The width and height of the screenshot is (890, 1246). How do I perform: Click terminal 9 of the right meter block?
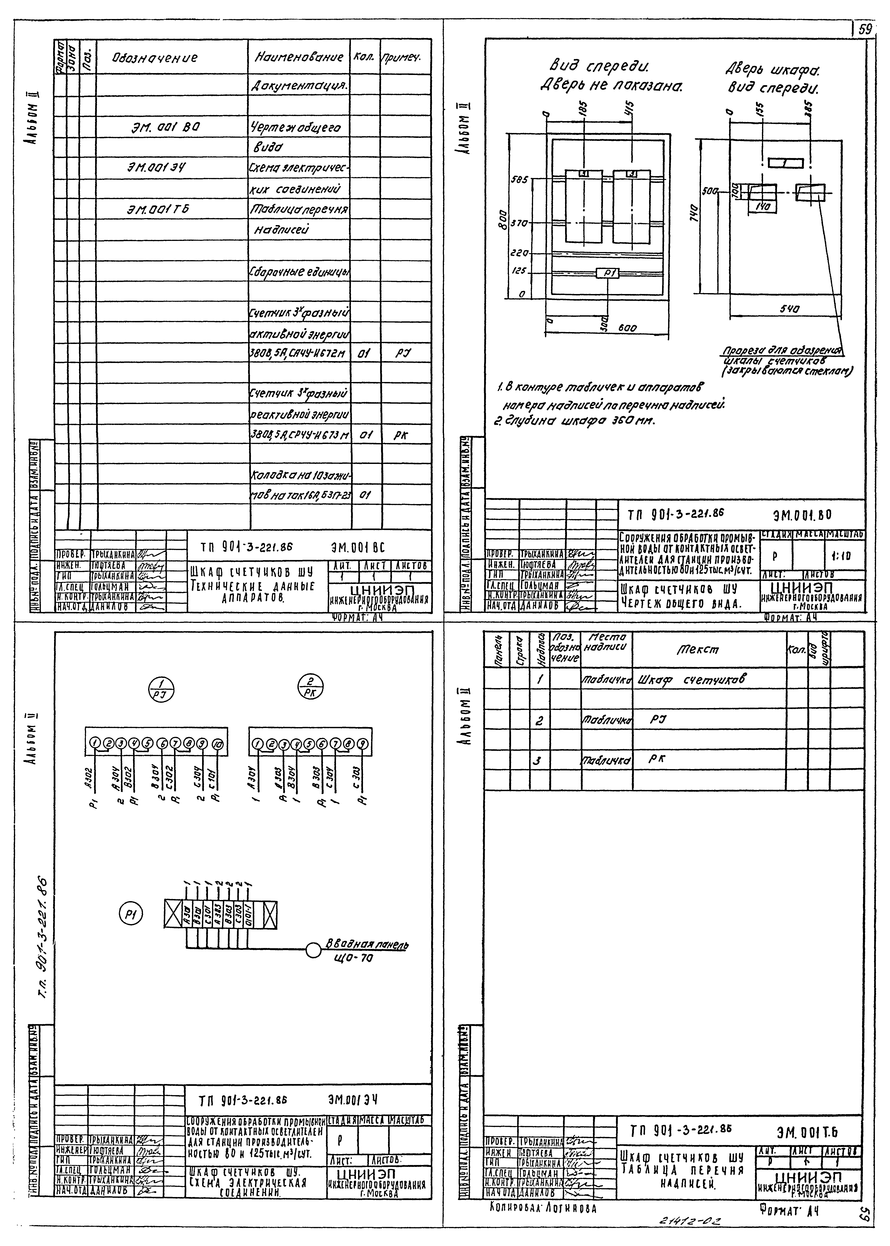pyautogui.click(x=362, y=743)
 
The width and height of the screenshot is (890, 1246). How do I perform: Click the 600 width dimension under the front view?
pyautogui.click(x=628, y=328)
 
